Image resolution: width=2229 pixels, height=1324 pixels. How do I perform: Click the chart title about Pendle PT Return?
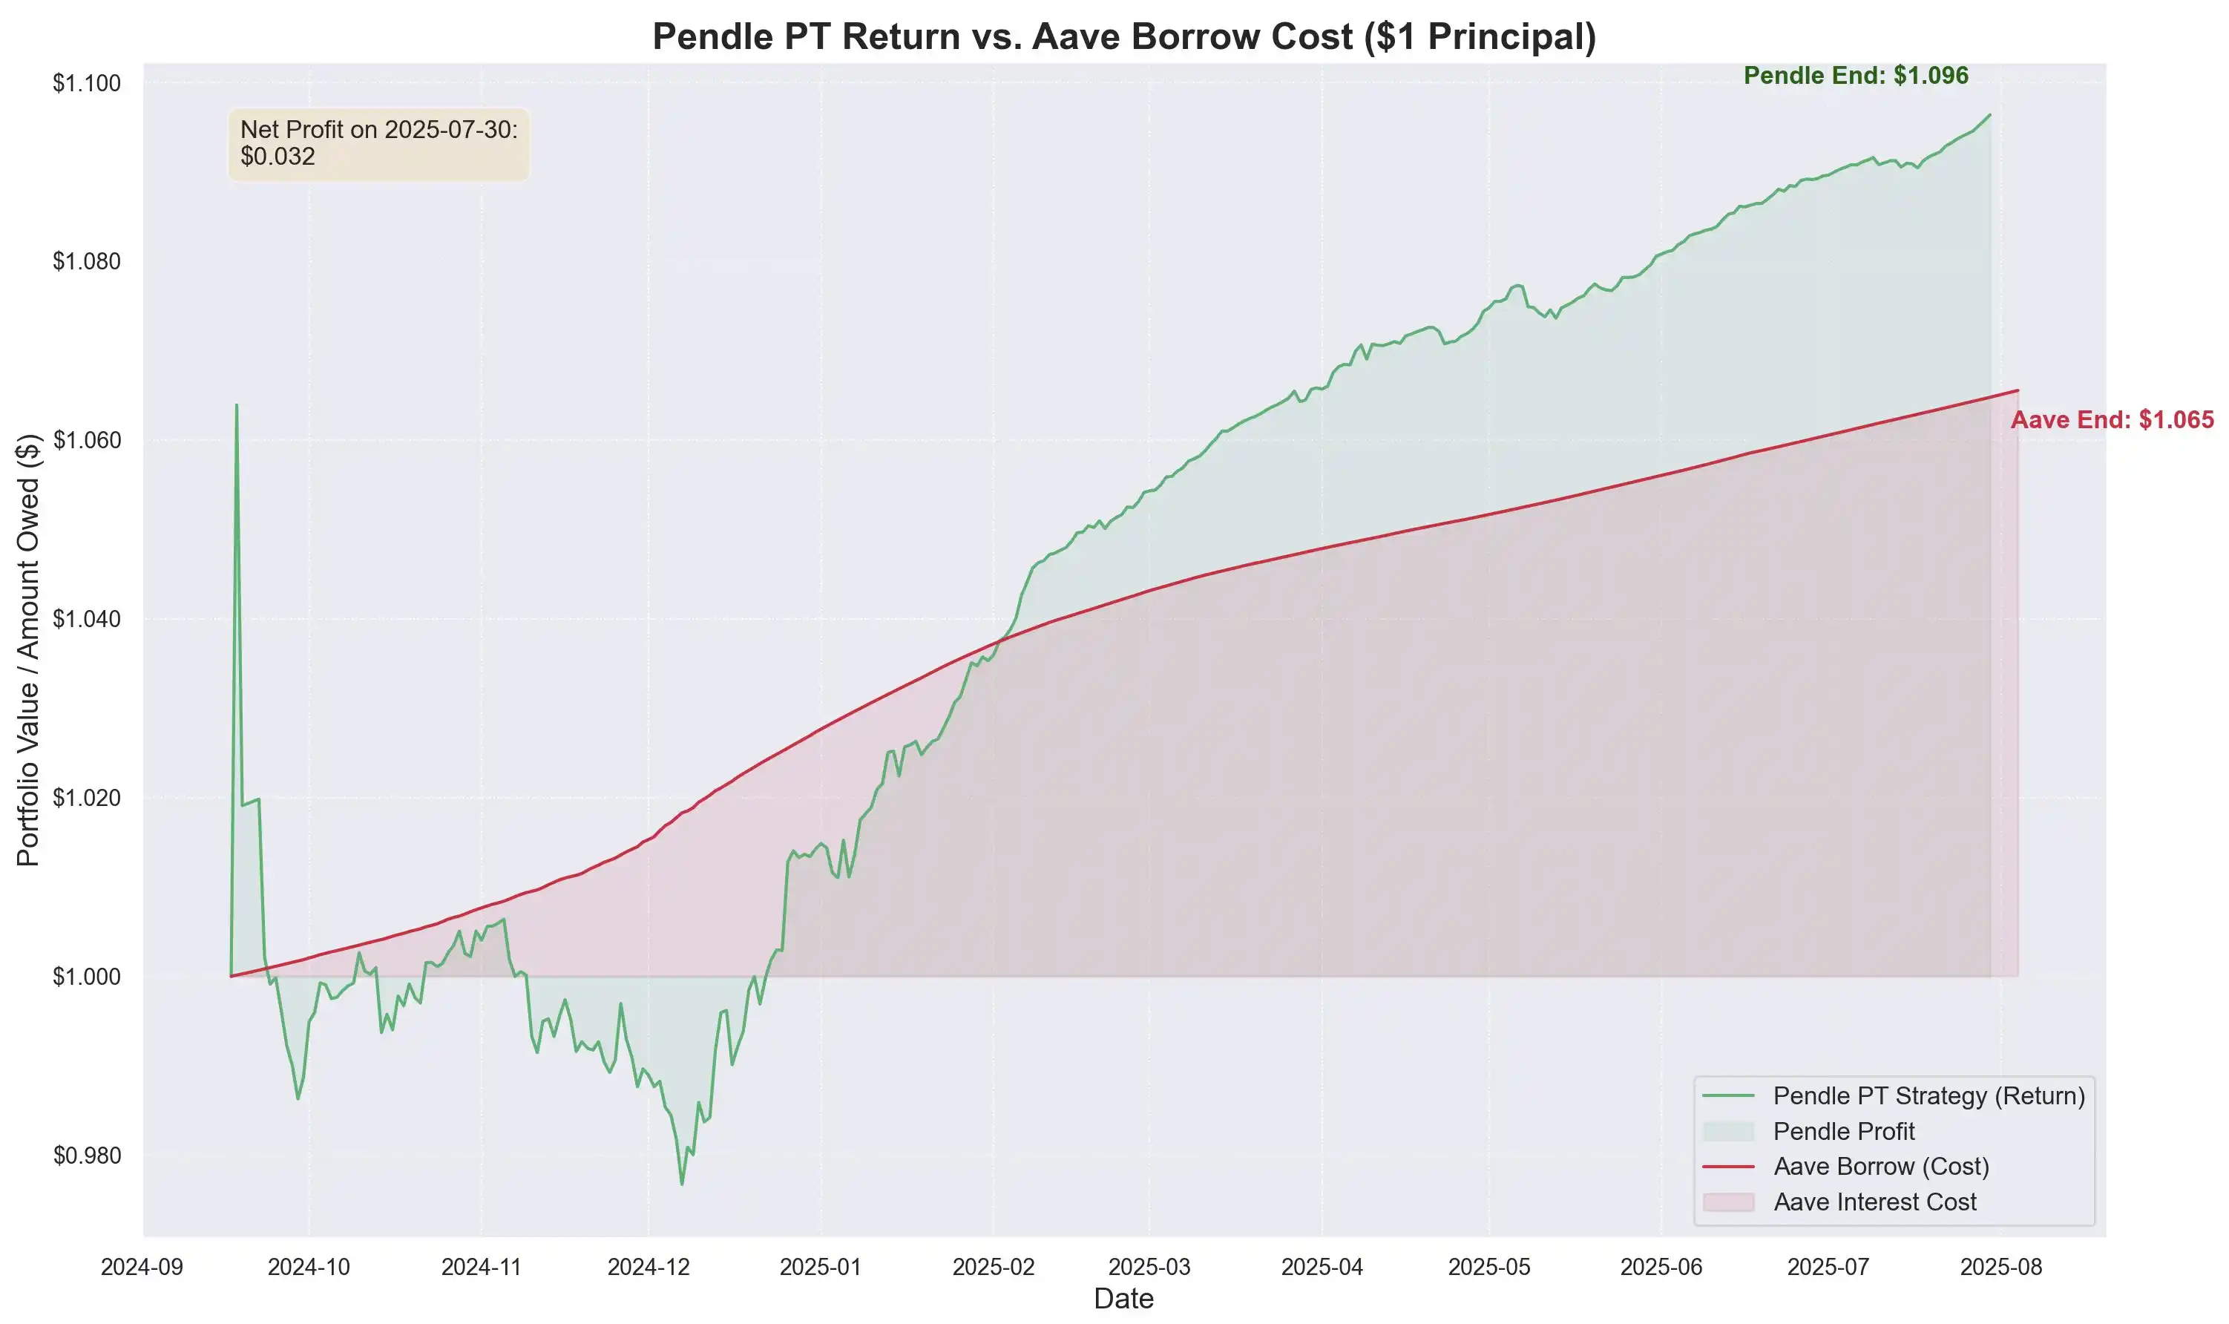(1124, 36)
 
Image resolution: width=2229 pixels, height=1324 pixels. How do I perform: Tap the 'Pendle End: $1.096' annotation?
(1855, 76)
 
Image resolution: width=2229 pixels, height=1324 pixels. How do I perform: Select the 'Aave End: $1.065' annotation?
(2111, 420)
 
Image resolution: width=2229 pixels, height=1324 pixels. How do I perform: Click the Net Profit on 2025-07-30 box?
(379, 144)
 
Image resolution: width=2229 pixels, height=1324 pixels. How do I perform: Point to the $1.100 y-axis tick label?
(87, 83)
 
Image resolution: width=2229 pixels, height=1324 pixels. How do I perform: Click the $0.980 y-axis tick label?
(87, 1156)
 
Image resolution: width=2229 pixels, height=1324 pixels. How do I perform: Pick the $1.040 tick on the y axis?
(87, 619)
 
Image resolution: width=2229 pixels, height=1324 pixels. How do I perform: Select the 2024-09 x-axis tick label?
(142, 1267)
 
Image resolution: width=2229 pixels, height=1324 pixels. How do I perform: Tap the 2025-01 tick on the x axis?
(821, 1267)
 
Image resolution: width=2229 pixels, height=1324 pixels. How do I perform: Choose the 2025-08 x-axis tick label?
(2000, 1267)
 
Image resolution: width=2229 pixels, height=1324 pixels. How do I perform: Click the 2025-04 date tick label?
(1322, 1267)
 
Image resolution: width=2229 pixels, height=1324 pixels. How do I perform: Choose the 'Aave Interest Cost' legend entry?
(1875, 1202)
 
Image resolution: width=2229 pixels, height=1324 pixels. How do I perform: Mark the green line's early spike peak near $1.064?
(237, 405)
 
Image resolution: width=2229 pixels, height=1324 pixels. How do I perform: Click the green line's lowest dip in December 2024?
(683, 1184)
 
